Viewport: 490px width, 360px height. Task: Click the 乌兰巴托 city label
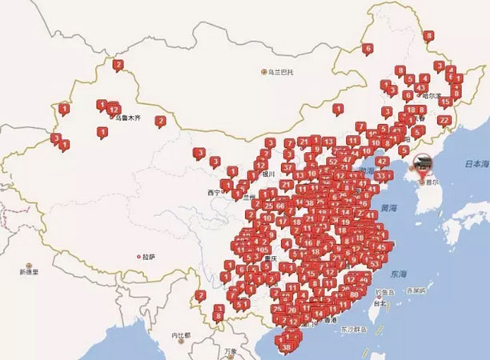pos(281,72)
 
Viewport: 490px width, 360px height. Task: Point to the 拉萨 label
pos(148,257)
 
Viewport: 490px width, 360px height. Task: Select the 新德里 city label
pos(29,272)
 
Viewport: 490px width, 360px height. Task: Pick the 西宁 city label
pos(212,193)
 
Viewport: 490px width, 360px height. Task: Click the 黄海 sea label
pos(390,207)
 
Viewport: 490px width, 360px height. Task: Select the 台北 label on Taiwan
pos(380,304)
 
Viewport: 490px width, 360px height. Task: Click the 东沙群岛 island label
pos(354,328)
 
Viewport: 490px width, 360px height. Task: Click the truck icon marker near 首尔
pos(422,162)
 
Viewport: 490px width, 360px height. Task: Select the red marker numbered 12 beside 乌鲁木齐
pos(114,109)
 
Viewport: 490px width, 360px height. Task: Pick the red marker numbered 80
pos(354,293)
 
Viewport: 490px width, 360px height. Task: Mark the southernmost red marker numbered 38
pos(287,347)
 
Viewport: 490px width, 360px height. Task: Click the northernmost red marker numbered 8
pos(429,36)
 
